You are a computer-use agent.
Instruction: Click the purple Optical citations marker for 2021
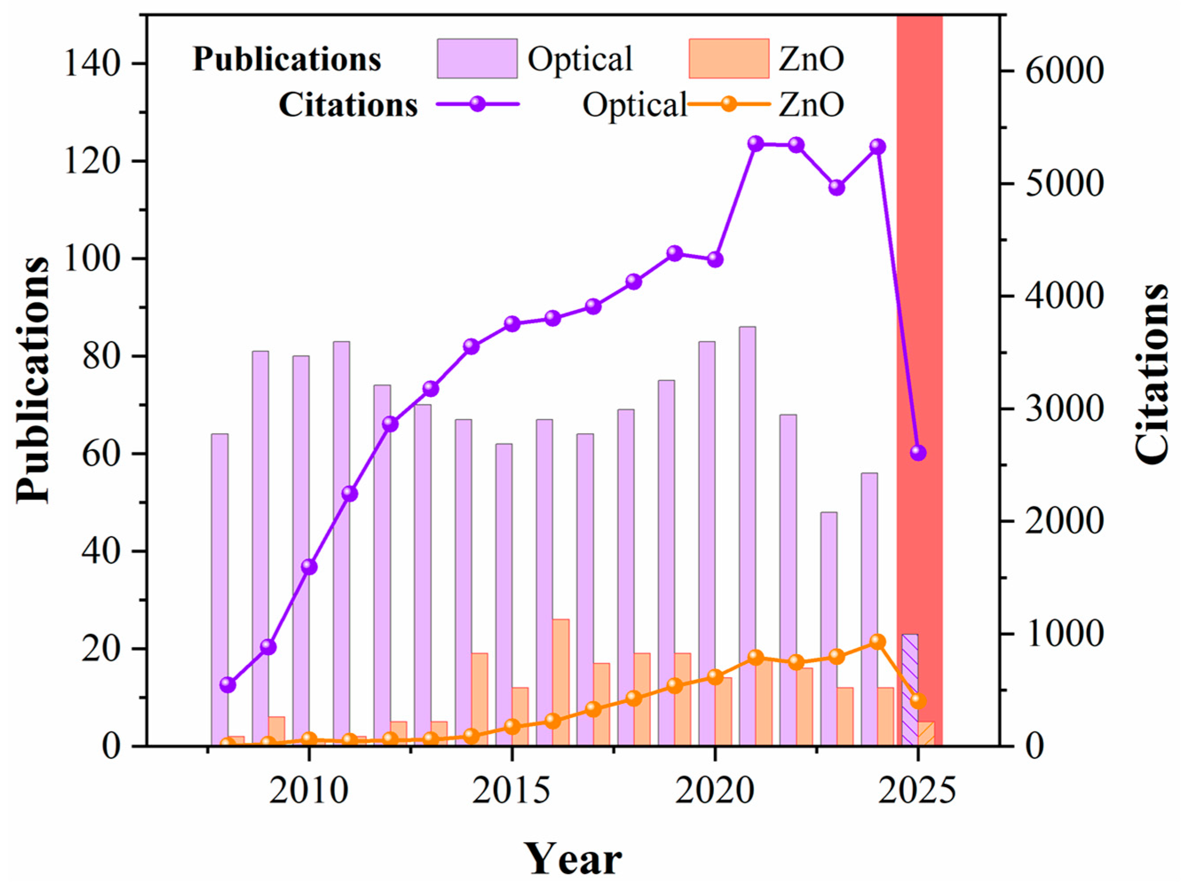click(x=755, y=143)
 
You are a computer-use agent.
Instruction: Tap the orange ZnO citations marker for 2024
click(x=877, y=641)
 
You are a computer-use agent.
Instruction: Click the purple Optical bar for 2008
click(x=220, y=589)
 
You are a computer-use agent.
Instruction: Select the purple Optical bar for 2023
click(x=829, y=628)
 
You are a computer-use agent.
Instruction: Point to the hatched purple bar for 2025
click(x=910, y=690)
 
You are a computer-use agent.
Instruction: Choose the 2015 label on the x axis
click(x=512, y=791)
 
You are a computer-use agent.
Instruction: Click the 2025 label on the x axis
click(x=917, y=791)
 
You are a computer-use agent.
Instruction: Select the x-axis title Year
click(x=573, y=859)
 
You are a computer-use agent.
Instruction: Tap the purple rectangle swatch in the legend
click(x=477, y=58)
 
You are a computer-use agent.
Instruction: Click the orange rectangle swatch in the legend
click(x=729, y=58)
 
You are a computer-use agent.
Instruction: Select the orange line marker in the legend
click(x=728, y=104)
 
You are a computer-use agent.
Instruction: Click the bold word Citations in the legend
click(x=348, y=105)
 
